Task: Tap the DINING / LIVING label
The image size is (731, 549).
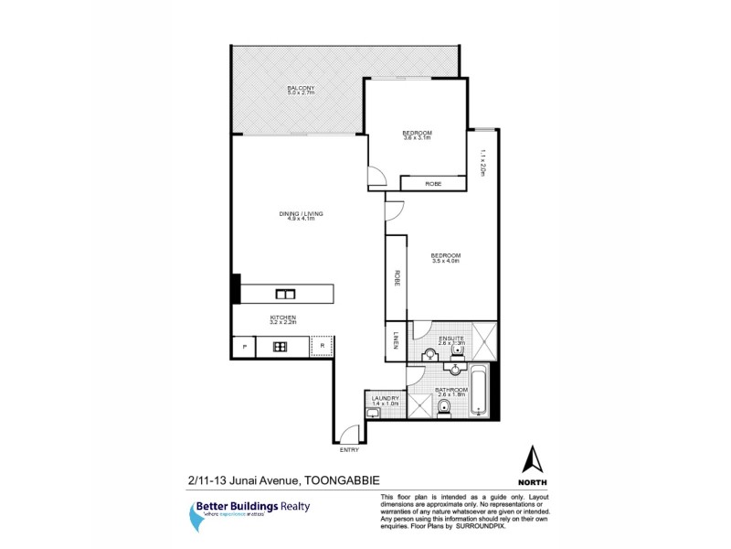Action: (x=302, y=213)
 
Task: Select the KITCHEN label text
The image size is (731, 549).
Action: (x=282, y=317)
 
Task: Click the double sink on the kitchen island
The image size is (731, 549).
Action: (x=284, y=294)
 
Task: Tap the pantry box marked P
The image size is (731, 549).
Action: (x=243, y=347)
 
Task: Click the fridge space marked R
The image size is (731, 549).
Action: (x=322, y=347)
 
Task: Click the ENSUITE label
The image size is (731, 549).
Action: (x=452, y=338)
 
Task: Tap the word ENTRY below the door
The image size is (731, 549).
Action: (x=349, y=450)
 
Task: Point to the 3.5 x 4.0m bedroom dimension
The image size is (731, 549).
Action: (x=445, y=261)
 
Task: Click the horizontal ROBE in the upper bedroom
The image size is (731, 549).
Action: (x=433, y=184)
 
